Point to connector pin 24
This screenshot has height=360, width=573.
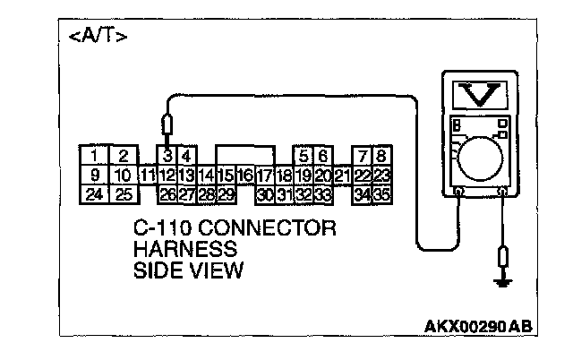click(94, 193)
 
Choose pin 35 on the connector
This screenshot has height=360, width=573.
click(382, 193)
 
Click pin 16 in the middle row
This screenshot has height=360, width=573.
click(245, 176)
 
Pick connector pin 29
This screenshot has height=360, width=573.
click(226, 193)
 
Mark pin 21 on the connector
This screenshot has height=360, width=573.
click(342, 176)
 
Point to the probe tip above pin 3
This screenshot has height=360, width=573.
click(167, 126)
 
